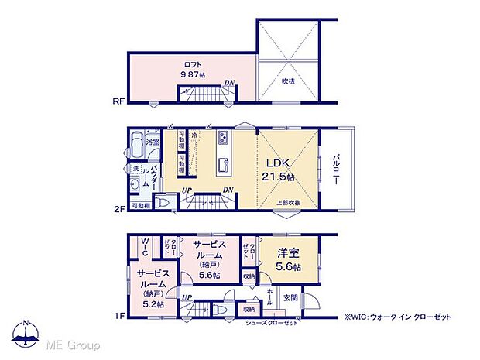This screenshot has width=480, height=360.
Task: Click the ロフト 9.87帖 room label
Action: pyautogui.click(x=192, y=69)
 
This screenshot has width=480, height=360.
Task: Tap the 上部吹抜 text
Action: pyautogui.click(x=288, y=203)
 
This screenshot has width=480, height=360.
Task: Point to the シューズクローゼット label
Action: pyautogui.click(x=271, y=322)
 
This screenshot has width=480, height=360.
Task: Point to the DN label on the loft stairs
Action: pyautogui.click(x=230, y=83)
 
